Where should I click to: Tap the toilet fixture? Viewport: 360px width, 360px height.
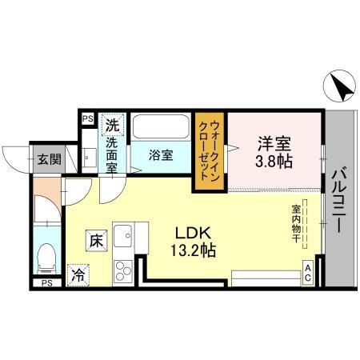pos(47,256)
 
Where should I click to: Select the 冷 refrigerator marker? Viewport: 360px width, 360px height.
pos(78,274)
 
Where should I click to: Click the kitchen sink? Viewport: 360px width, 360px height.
pos(123,238)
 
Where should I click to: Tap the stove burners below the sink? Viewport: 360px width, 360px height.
pos(124,267)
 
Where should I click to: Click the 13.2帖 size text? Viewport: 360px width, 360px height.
pos(193,250)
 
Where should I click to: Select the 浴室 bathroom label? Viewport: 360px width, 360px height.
pos(161,155)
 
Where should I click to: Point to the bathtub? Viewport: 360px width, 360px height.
pos(161,128)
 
